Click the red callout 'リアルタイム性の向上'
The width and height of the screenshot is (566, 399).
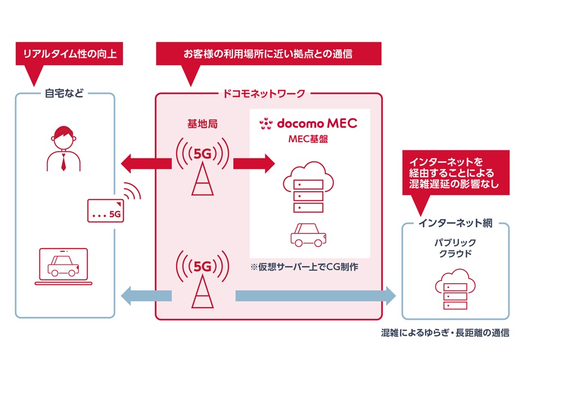coord(69,54)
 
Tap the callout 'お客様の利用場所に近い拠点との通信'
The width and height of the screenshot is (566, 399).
coord(268,54)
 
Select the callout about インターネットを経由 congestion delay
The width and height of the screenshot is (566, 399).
coord(454,172)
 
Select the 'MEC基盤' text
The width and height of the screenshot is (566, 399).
coord(308,139)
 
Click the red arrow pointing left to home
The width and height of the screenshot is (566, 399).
coord(145,162)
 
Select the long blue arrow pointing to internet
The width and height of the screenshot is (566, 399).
coord(315,296)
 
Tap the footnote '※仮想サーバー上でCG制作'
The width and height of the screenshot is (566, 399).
coord(304,268)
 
